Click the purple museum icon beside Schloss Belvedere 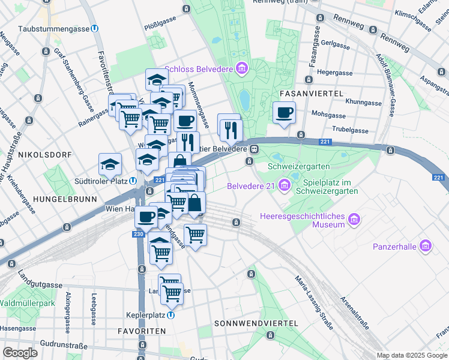pyautogui.click(x=241, y=69)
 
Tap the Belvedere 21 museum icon pyautogui.click(x=283, y=185)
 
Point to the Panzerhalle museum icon pyautogui.click(x=426, y=245)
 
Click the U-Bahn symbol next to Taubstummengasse pyautogui.click(x=95, y=28)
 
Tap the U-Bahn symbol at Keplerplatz pyautogui.click(x=171, y=315)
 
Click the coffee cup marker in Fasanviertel pyautogui.click(x=285, y=112)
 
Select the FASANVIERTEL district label pyautogui.click(x=311, y=94)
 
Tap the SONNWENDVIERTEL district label pyautogui.click(x=256, y=323)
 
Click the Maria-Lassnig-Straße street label pyautogui.click(x=314, y=303)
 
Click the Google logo pyautogui.click(x=20, y=353)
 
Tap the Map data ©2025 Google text pyautogui.click(x=412, y=355)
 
